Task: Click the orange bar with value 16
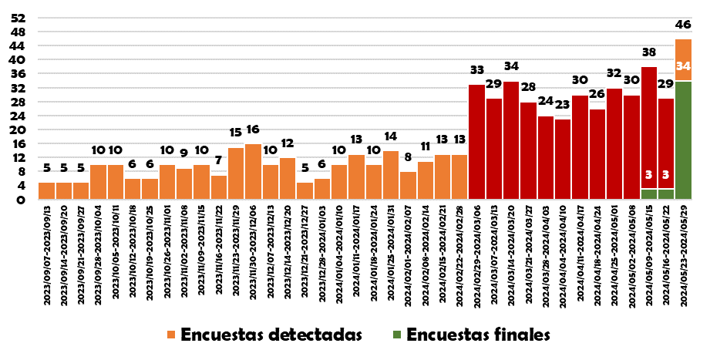(253, 171)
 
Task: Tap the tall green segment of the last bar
(683, 140)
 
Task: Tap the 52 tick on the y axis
(20, 18)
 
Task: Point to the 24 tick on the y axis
(20, 116)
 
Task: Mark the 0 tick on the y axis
(23, 200)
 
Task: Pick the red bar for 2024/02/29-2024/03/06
(477, 142)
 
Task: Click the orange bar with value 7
(219, 187)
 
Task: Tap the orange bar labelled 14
(391, 175)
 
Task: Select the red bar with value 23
(563, 159)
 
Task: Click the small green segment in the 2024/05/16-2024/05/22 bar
(666, 194)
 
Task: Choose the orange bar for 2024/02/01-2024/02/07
(408, 185)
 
